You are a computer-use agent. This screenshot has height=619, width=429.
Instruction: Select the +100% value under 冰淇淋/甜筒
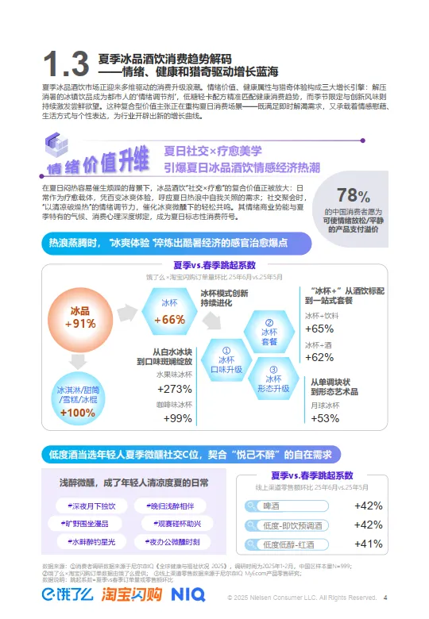point(77,413)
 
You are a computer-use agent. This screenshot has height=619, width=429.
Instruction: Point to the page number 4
point(385,598)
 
